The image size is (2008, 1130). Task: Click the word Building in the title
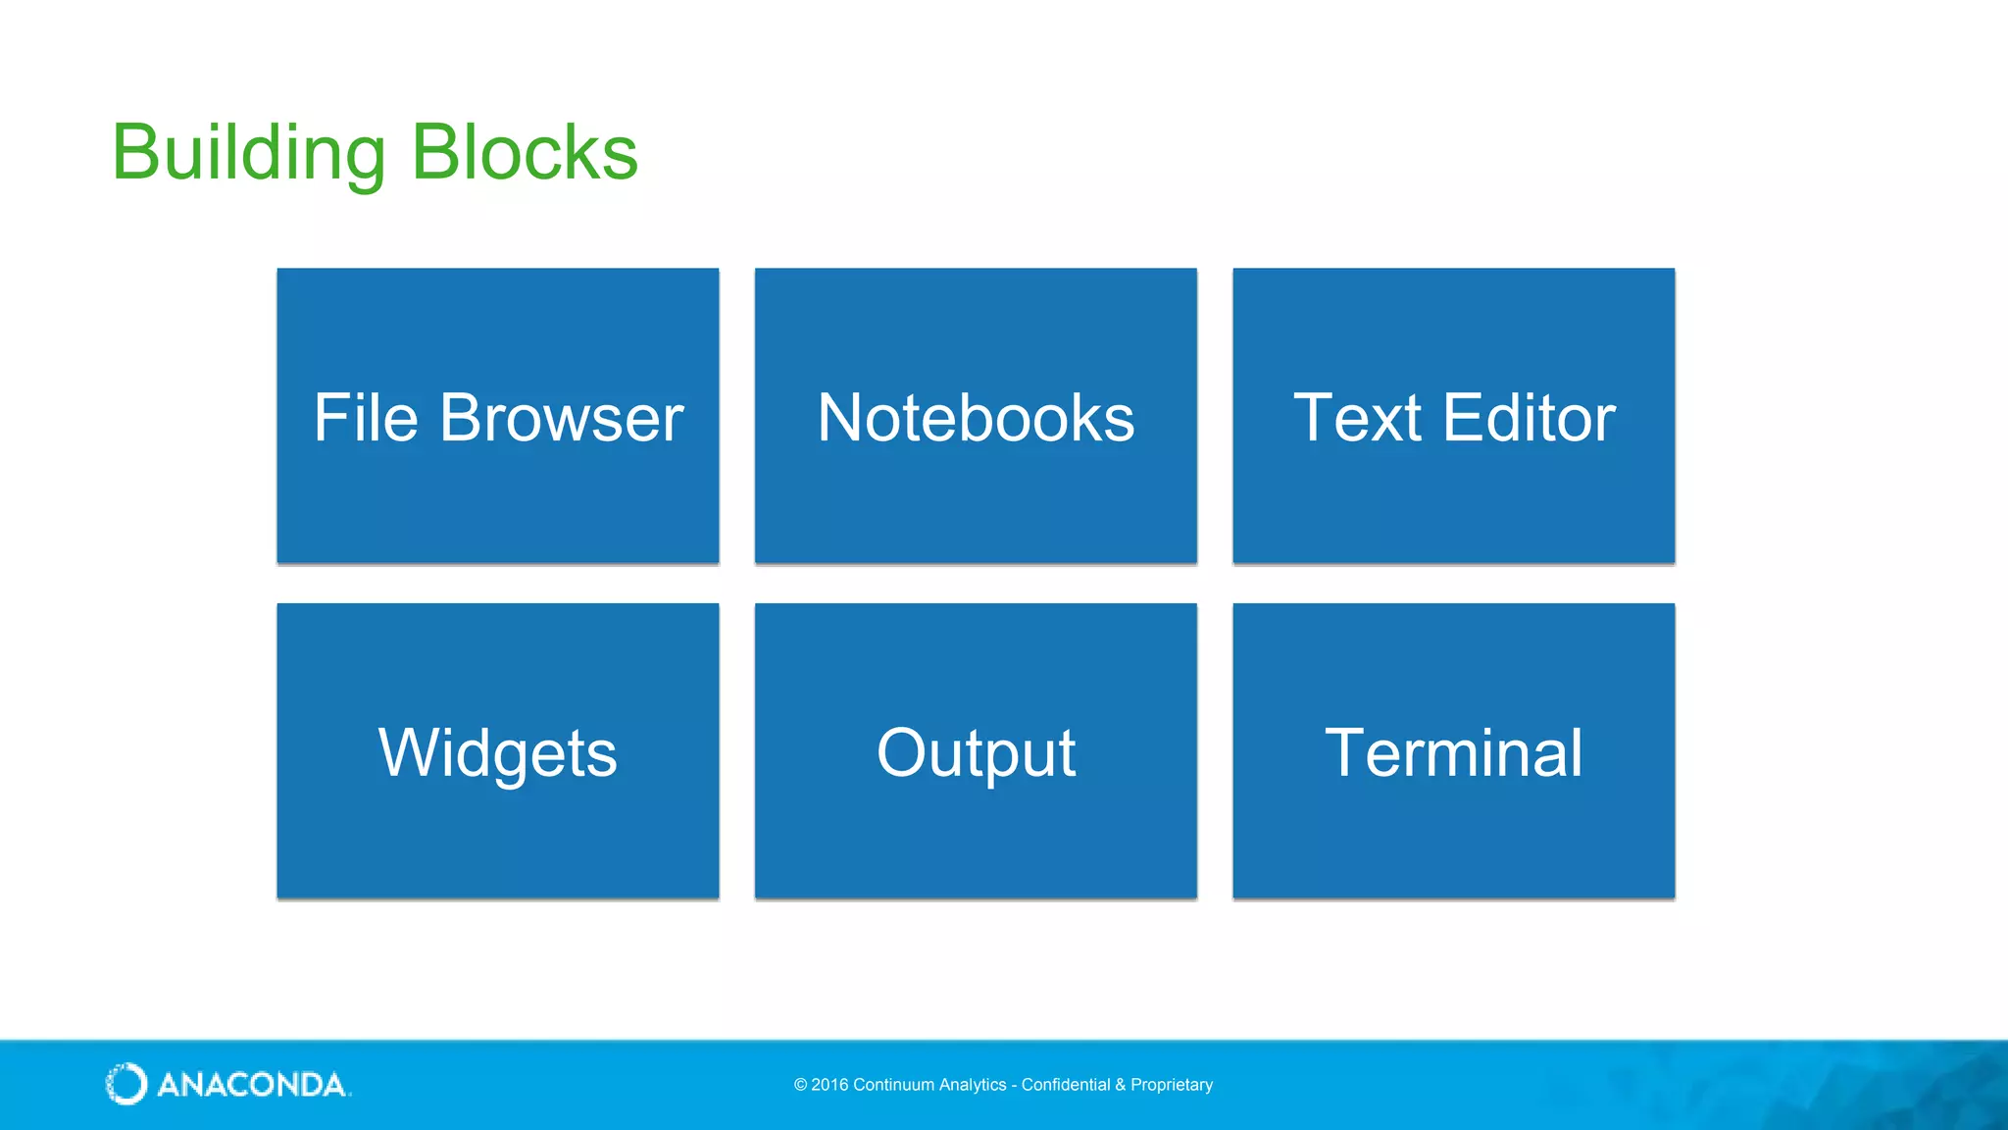[x=249, y=153]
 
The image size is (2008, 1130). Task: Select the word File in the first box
[x=366, y=418]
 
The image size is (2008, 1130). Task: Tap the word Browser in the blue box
[x=561, y=418]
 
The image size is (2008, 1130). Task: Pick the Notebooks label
[x=976, y=418]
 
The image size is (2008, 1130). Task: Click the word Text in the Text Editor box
[x=1357, y=418]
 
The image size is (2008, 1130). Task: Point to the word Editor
[x=1529, y=418]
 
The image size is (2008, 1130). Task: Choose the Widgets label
[x=498, y=753]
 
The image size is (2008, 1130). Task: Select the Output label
[x=976, y=753]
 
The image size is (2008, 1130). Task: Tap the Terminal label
[x=1453, y=753]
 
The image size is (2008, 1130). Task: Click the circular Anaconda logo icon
[x=126, y=1084]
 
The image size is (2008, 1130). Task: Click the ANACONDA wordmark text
[x=252, y=1085]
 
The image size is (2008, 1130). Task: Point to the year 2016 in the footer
[x=829, y=1085]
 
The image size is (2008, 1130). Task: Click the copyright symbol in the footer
[x=800, y=1085]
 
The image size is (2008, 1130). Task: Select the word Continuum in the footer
[x=893, y=1085]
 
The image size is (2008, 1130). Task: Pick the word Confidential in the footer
[x=1066, y=1085]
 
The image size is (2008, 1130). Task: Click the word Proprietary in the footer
[x=1172, y=1085]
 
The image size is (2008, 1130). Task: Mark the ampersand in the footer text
[x=1120, y=1085]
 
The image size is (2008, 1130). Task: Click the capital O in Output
[x=902, y=753]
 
